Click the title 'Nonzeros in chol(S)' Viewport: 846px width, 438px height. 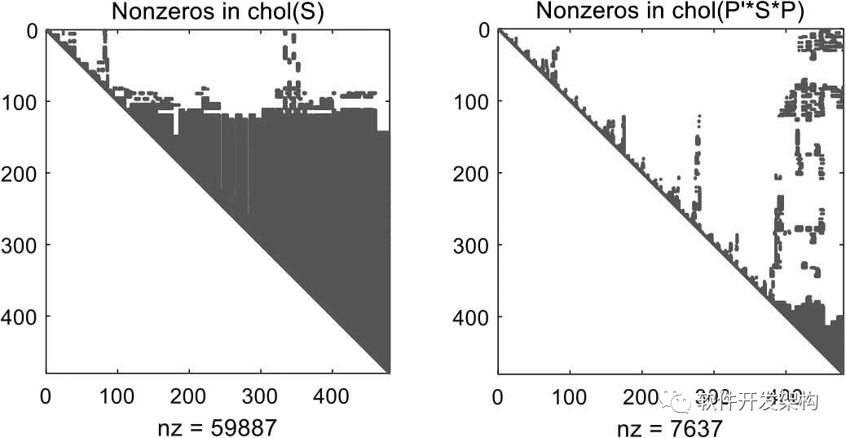click(x=218, y=11)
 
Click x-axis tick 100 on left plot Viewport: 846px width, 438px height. click(x=117, y=397)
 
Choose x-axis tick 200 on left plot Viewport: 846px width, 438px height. click(x=189, y=397)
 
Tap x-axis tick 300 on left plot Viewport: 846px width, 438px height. click(x=261, y=397)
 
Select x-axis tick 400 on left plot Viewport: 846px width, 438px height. click(x=333, y=397)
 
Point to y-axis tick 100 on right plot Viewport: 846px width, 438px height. click(x=473, y=101)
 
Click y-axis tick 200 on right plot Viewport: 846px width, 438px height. click(x=473, y=173)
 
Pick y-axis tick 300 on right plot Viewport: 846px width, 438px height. click(x=473, y=245)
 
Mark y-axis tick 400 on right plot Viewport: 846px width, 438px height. click(x=473, y=316)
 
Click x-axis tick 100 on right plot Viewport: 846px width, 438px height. click(x=570, y=397)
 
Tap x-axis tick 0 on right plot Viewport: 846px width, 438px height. click(x=498, y=397)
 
